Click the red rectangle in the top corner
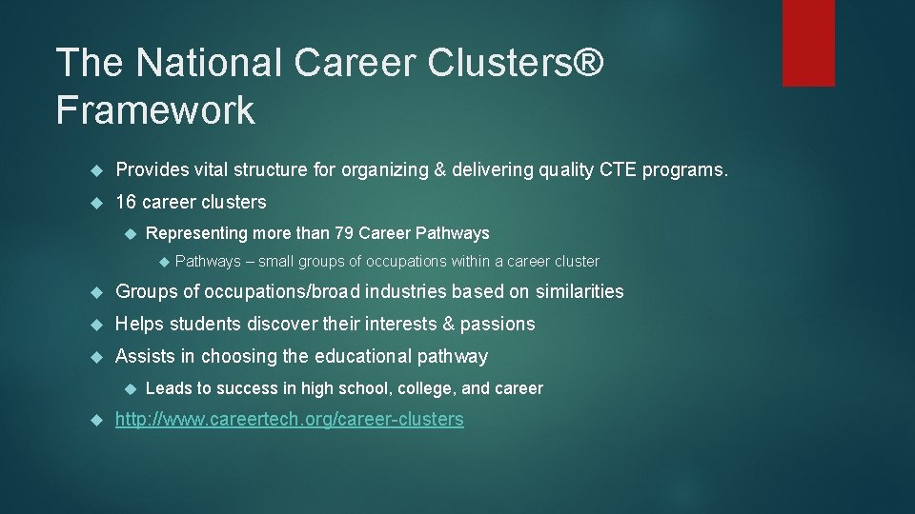(x=808, y=42)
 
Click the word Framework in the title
(x=155, y=110)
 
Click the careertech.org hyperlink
(x=290, y=420)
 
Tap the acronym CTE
(x=618, y=170)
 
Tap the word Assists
(x=144, y=357)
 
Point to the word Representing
(x=193, y=233)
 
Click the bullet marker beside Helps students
(x=94, y=325)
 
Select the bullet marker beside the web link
(x=94, y=421)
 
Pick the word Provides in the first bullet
(x=150, y=170)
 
